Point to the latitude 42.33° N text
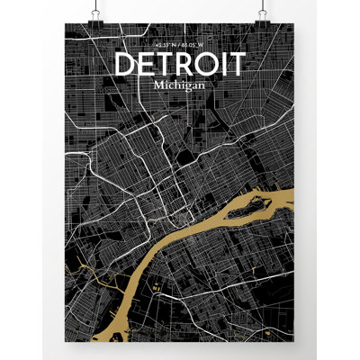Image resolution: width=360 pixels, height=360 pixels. pyautogui.click(x=165, y=44)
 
